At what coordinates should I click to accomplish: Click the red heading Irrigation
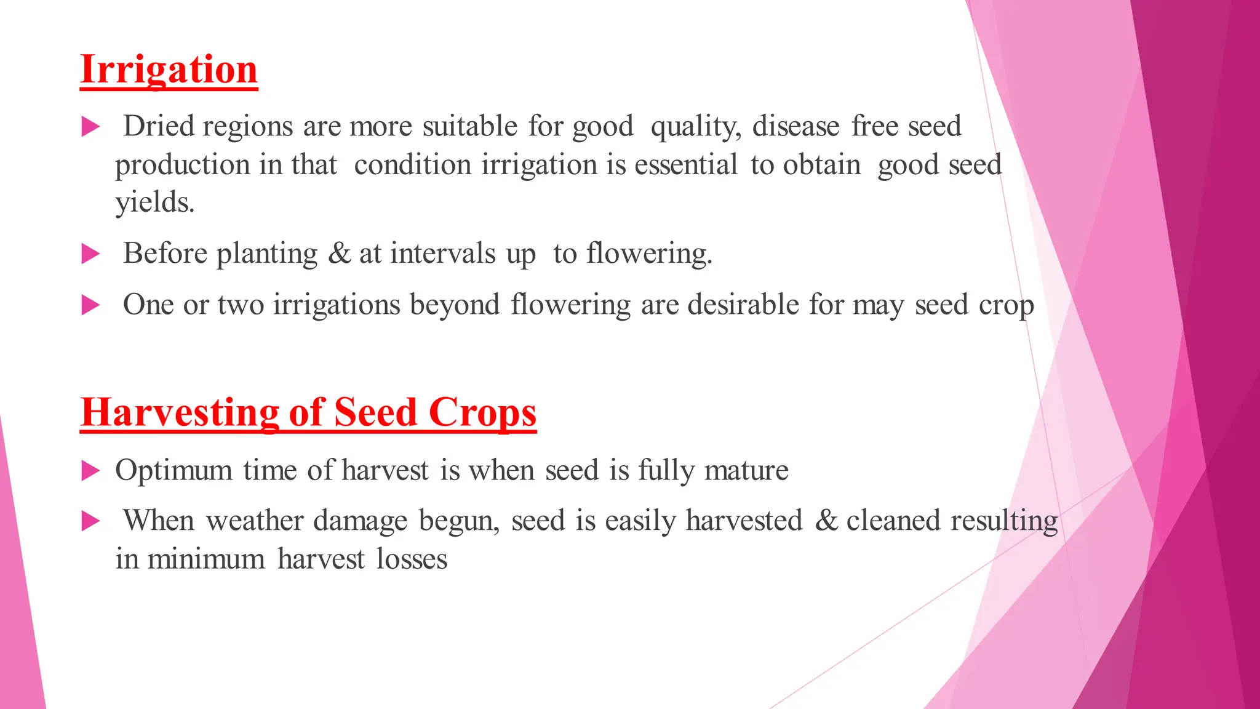point(169,70)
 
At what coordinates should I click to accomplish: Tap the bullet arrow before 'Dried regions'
point(90,127)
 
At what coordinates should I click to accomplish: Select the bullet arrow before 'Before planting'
point(90,254)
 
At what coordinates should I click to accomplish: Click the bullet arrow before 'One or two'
point(90,305)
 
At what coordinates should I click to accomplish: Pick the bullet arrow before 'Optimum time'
point(90,471)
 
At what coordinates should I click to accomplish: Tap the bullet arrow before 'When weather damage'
point(90,522)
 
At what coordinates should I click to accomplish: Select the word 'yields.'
point(155,202)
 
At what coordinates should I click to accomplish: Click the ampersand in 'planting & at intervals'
point(339,254)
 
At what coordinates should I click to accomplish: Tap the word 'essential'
point(685,165)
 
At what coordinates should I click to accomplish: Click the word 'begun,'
point(459,521)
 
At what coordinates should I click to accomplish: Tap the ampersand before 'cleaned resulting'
point(826,521)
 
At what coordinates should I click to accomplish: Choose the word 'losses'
point(412,559)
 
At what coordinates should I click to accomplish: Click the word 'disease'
point(795,126)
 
